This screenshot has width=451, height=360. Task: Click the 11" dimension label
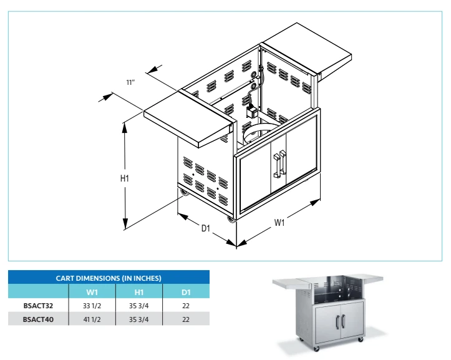tap(130, 82)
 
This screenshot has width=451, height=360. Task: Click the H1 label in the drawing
tap(124, 178)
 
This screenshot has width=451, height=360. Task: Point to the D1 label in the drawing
tap(206, 228)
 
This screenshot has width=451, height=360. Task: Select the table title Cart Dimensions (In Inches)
tap(109, 278)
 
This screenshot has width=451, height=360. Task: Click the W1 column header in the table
tap(92, 292)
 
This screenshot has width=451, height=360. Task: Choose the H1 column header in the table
tap(139, 292)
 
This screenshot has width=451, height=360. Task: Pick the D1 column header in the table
tap(186, 292)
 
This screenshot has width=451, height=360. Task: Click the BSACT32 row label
tap(39, 306)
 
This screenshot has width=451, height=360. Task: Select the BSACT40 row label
tap(39, 319)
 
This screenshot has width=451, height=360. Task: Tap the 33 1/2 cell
tap(92, 306)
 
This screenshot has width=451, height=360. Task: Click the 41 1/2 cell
tap(92, 319)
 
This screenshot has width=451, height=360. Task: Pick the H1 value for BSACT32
tap(139, 306)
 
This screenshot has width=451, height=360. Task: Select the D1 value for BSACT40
tap(186, 319)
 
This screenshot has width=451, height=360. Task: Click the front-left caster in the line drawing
tap(232, 221)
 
